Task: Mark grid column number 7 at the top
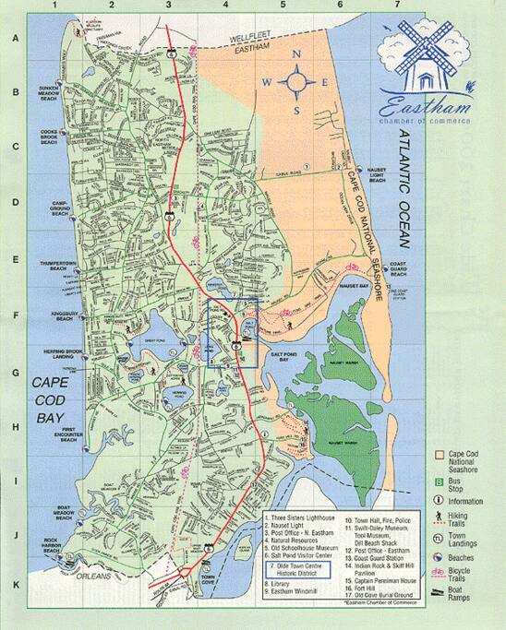(397, 6)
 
